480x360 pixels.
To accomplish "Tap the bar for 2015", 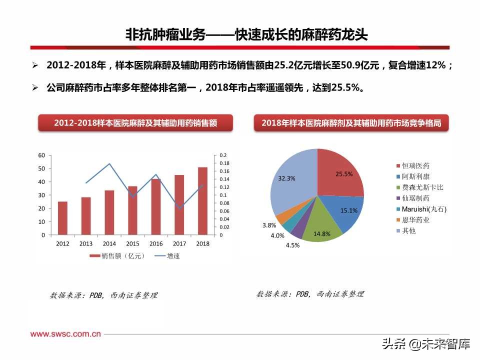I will [x=132, y=210].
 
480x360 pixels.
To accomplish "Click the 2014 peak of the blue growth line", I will [x=109, y=163].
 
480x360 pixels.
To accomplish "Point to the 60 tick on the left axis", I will [x=41, y=155].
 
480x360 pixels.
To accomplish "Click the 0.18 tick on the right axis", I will [x=224, y=163].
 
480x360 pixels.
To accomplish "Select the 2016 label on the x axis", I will [x=156, y=243].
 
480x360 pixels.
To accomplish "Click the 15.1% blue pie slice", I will [x=345, y=210].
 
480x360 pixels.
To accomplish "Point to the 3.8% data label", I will [x=269, y=225].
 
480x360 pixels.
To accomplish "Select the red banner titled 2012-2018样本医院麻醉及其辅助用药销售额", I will [x=135, y=123].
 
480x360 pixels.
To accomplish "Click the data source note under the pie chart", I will [x=310, y=294].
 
